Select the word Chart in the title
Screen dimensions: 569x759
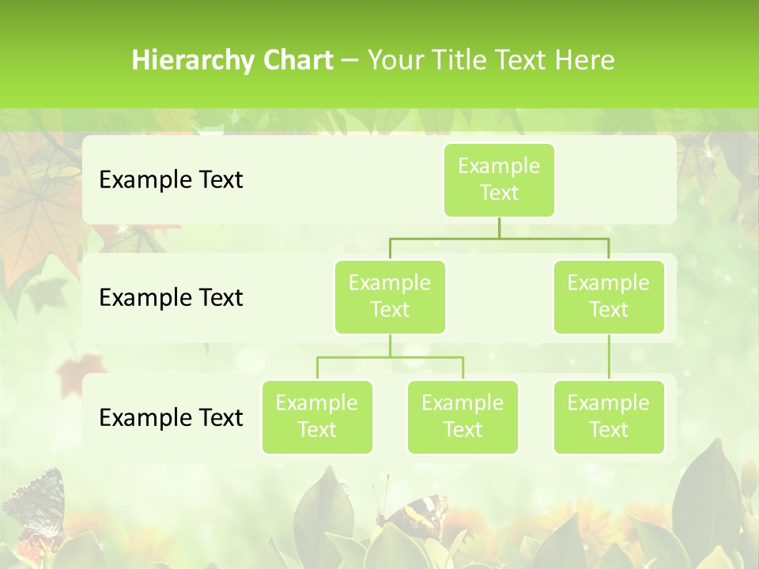tap(294, 60)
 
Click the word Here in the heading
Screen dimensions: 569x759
tap(583, 60)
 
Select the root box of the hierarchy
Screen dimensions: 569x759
tap(499, 179)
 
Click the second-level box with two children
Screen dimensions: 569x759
tap(390, 296)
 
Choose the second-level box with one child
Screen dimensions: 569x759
tap(609, 296)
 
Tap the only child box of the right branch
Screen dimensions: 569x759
tap(609, 416)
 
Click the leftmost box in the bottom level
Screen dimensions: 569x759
tap(317, 416)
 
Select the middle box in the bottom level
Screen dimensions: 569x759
tap(463, 416)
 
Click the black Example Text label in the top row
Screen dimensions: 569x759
tap(171, 179)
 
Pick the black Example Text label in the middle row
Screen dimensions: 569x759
tap(171, 297)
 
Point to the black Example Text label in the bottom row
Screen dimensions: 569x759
tap(171, 417)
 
